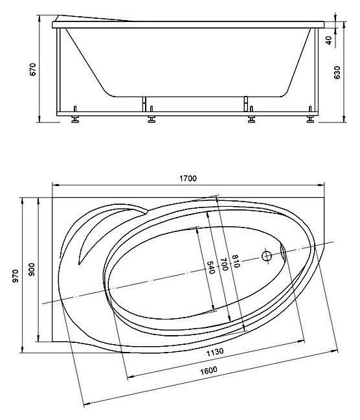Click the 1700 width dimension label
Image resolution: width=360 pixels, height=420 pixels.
(x=188, y=178)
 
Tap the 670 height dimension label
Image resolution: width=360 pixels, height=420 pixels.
(x=32, y=69)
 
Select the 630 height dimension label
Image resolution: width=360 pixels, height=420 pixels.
(x=337, y=73)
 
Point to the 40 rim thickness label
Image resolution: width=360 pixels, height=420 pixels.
(x=329, y=40)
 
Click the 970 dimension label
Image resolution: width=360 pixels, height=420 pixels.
(x=16, y=276)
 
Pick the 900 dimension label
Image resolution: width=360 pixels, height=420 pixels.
(x=32, y=270)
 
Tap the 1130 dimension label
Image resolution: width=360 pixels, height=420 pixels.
(x=215, y=352)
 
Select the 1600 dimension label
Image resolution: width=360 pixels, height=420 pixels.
(x=208, y=371)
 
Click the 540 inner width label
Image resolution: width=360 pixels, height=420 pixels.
(x=211, y=267)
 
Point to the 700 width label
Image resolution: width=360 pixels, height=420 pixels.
(x=224, y=264)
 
